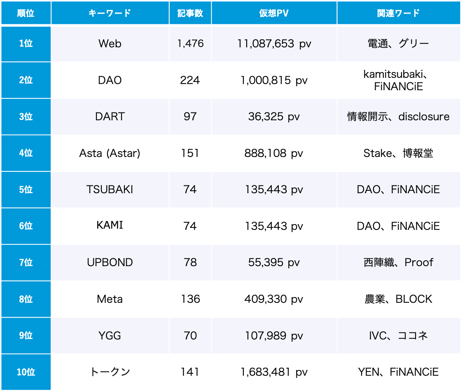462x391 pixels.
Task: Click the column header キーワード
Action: tap(110, 13)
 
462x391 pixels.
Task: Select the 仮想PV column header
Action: tap(274, 13)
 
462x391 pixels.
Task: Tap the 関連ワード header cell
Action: tap(398, 13)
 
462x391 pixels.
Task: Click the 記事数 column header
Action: tap(190, 13)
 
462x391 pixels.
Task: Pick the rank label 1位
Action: tap(26, 44)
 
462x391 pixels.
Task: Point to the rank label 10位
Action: tap(26, 372)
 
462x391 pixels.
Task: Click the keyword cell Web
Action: tap(110, 44)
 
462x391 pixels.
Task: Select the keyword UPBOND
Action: tap(110, 262)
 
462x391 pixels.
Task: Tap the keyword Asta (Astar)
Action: tap(110, 153)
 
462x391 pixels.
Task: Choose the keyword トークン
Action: tap(110, 372)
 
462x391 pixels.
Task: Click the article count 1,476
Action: tap(190, 44)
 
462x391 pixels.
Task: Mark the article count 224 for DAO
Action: tap(190, 80)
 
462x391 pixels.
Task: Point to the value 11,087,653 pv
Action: tap(274, 44)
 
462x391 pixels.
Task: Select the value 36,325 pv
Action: tap(274, 117)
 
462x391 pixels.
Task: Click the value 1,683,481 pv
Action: tap(274, 372)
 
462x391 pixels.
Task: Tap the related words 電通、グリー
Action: tap(398, 44)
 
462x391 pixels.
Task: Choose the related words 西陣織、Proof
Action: tap(398, 262)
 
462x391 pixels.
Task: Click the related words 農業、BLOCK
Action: tap(398, 299)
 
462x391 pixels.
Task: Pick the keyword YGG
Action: tap(110, 336)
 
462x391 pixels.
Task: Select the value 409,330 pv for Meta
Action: tap(274, 299)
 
